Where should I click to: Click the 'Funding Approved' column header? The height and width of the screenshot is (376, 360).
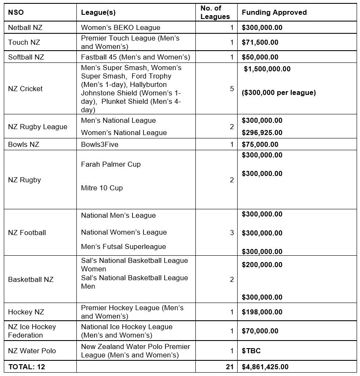coord(274,13)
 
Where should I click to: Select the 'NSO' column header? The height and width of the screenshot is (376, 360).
coord(16,13)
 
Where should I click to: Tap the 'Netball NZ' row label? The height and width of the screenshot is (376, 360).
coord(25,28)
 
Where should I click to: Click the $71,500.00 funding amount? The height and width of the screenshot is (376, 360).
coord(260,43)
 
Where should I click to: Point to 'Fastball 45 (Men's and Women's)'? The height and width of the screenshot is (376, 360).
coord(135,57)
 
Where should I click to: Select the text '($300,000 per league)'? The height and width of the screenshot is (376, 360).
coord(279,93)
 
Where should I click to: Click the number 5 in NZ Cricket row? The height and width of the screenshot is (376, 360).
coord(231,89)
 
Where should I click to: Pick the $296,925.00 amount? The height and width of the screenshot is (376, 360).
coord(262,133)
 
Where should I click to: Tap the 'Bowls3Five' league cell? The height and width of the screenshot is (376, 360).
coord(100,144)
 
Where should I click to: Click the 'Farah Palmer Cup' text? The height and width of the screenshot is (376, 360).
coord(111,164)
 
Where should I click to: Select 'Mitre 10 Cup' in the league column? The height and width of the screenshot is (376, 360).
coord(102,188)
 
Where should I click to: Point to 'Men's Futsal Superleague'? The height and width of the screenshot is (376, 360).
coord(123,246)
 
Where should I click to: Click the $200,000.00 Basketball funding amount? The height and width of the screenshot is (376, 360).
coord(262,265)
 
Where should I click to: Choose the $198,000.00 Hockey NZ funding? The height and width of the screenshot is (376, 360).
coord(262,312)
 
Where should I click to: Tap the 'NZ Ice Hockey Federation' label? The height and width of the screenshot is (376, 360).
coord(32,331)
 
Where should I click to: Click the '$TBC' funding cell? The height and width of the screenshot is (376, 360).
coord(250,351)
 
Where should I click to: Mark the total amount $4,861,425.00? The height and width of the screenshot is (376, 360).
coord(265,367)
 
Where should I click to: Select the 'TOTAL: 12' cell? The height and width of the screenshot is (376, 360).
coord(26,367)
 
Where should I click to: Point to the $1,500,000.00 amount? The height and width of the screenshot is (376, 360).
coord(267,69)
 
